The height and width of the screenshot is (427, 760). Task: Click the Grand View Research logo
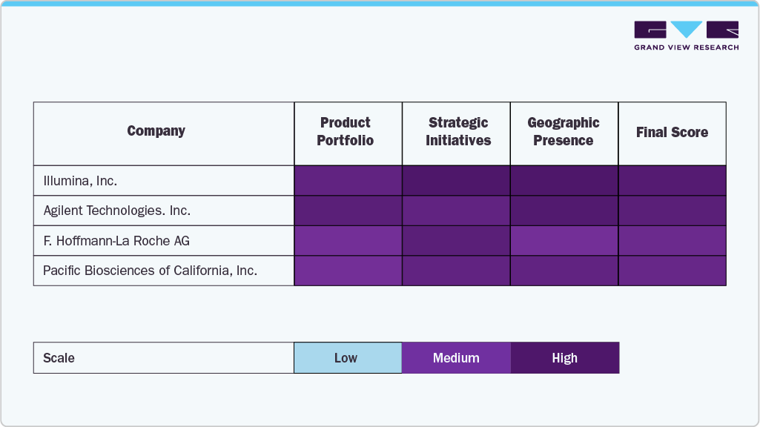[686, 36]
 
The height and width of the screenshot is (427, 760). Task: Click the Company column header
[156, 131]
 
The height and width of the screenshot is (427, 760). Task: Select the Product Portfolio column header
[346, 132]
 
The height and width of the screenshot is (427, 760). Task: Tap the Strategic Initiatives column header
[457, 132]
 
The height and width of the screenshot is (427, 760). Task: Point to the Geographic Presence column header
[564, 132]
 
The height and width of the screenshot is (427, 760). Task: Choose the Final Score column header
[672, 133]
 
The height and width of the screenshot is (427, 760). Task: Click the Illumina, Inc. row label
[80, 180]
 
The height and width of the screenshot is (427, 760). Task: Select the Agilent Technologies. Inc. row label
[116, 211]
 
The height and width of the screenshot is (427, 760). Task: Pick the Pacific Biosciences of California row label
[150, 271]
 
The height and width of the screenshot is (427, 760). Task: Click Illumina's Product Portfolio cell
[348, 180]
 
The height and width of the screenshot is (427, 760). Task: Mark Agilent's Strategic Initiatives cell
[456, 211]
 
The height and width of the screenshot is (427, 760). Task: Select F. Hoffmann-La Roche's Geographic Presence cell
[564, 241]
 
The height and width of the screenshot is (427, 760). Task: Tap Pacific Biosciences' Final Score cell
[672, 271]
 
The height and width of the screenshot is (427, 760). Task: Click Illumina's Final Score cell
[672, 180]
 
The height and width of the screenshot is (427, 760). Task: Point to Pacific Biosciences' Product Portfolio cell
[348, 271]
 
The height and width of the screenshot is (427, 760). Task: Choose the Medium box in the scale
[456, 358]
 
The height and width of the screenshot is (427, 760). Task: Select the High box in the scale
[564, 358]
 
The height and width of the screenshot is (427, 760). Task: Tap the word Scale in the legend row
[59, 358]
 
